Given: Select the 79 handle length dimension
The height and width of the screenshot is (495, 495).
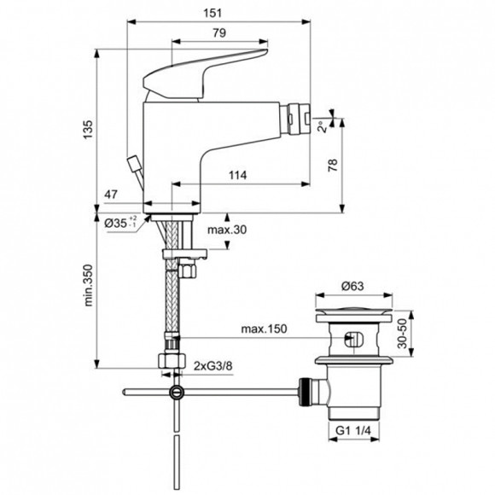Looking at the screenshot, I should point(218,33).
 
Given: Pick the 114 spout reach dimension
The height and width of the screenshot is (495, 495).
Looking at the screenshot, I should point(238,176).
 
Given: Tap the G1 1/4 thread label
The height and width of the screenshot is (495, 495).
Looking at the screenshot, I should point(352,431).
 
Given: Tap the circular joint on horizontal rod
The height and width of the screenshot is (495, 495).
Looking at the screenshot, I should point(176,393).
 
